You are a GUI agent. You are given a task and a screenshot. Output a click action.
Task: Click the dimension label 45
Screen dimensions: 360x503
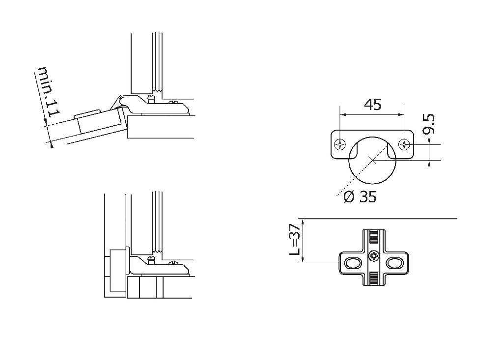[x=372, y=105]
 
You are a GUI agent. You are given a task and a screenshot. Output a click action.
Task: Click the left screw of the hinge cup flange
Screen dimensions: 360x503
[x=339, y=144]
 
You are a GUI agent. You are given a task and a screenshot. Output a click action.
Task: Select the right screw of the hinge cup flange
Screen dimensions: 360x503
[x=405, y=144]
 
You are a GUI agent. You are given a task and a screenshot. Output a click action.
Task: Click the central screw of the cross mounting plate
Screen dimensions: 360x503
[x=373, y=255]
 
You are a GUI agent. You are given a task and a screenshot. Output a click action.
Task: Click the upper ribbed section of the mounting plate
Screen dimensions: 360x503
[x=373, y=240]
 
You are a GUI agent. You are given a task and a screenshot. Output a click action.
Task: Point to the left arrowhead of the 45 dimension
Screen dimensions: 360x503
[x=342, y=114]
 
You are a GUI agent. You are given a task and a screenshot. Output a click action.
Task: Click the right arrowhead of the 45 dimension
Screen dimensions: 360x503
[x=402, y=114]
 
